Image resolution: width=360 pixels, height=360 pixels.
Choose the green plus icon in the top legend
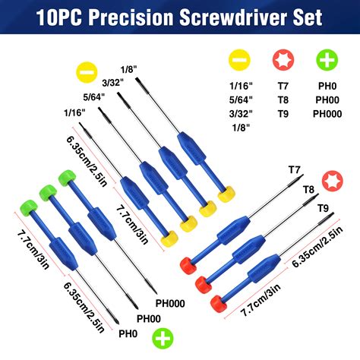[x=327, y=59]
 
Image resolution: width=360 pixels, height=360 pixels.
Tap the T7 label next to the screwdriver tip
[x=294, y=172]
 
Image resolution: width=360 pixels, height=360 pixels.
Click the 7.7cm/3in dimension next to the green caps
[x=24, y=251]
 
